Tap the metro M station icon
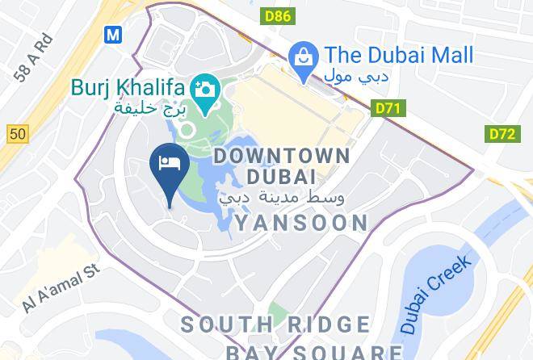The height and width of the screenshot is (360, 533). pyautogui.click(x=113, y=34)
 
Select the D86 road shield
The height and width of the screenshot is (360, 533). pyautogui.click(x=277, y=15)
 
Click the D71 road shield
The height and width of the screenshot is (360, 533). pyautogui.click(x=389, y=108)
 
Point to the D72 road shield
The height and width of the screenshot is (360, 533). pyautogui.click(x=502, y=134)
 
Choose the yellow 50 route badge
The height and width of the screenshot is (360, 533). pyautogui.click(x=18, y=134)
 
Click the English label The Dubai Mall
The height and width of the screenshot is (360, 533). pyautogui.click(x=399, y=55)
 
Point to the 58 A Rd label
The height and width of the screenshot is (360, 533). pyautogui.click(x=33, y=58)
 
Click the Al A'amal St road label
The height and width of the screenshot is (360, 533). pyautogui.click(x=61, y=287)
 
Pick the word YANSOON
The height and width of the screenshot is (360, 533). pyautogui.click(x=301, y=222)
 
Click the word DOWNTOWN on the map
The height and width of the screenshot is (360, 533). pyautogui.click(x=282, y=156)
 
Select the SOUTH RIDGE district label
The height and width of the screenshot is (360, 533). pyautogui.click(x=275, y=325)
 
